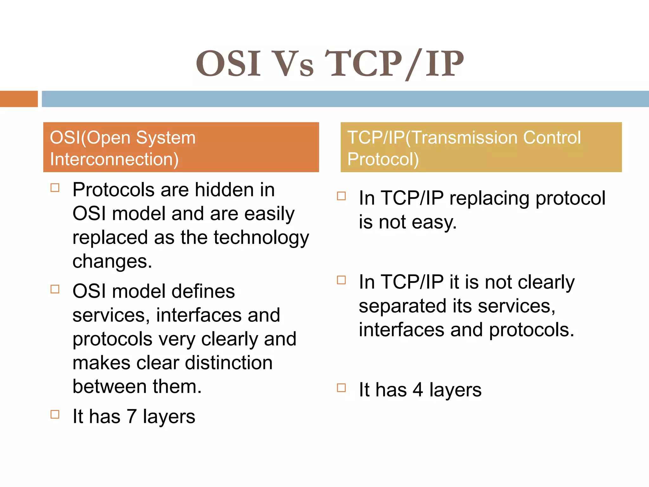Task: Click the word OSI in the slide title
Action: coord(228,64)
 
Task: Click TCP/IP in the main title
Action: coord(394,64)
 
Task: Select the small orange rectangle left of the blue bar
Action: coord(19,99)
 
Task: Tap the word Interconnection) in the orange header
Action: coord(114,159)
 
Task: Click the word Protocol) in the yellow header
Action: coord(383,159)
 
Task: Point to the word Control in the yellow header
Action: coord(552,138)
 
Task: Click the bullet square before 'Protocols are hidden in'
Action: coord(55,188)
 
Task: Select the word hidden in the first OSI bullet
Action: coord(224,190)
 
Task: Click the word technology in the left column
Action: coord(261,237)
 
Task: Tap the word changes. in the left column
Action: coord(112,261)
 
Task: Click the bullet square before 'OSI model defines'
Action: coord(55,289)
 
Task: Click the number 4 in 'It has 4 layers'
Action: coord(418,390)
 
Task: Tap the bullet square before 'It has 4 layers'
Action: coord(341,388)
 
